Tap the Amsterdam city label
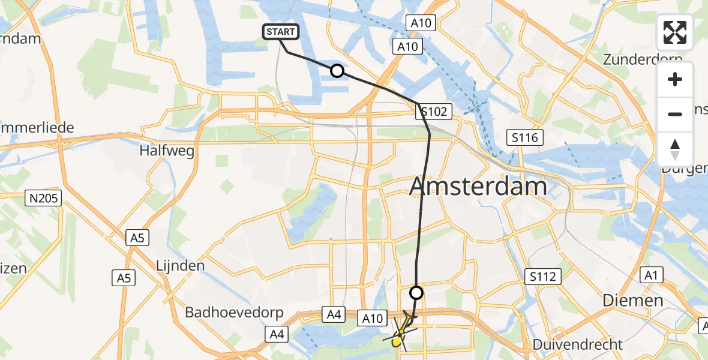pos(478,187)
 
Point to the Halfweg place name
pos(167,151)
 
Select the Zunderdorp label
pos(643,60)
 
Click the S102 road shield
pos(433,111)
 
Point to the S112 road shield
pos(542,277)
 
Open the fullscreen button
pos(676,32)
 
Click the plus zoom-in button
pos(676,79)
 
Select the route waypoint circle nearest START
pos(337,71)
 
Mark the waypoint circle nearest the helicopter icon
pos(416,293)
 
